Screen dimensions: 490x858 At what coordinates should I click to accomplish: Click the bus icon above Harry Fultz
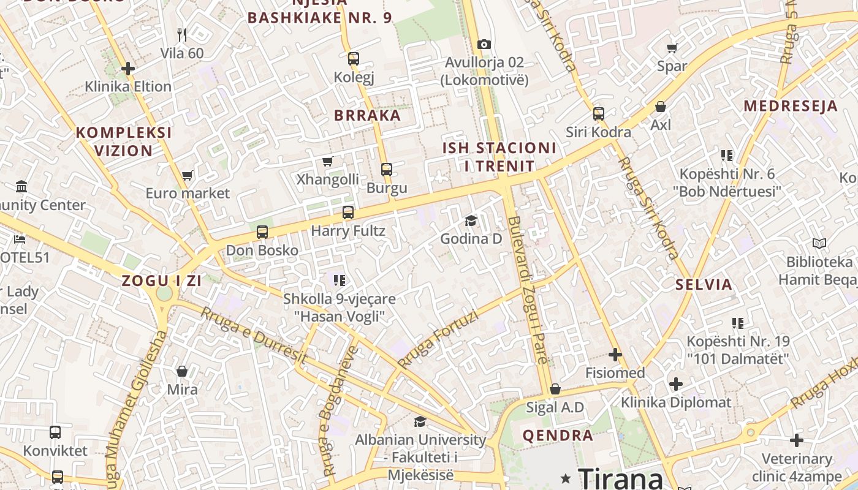point(348,213)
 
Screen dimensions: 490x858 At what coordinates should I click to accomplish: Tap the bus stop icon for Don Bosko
point(262,232)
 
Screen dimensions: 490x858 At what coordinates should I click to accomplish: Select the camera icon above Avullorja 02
point(484,44)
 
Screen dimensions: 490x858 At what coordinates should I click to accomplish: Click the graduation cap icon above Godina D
point(471,221)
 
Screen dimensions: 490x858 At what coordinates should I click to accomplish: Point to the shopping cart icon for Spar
point(672,48)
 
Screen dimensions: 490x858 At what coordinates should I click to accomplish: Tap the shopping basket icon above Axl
point(661,107)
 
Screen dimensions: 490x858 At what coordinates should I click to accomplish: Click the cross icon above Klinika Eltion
point(128,69)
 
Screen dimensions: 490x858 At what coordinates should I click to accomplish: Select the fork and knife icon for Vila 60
point(181,34)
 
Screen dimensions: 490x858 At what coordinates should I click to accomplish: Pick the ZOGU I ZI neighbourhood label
point(162,281)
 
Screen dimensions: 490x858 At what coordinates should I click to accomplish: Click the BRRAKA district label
point(367,115)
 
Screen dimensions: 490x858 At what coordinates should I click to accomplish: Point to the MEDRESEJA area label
point(791,106)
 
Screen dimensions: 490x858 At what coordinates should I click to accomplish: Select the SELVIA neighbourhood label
point(704,284)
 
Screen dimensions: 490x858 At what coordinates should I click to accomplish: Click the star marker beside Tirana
point(565,478)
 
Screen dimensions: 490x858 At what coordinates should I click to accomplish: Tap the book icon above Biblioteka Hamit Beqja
point(819,244)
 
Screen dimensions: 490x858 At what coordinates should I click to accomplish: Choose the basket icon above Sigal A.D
point(555,389)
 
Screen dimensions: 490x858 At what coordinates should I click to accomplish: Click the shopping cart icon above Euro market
point(188,175)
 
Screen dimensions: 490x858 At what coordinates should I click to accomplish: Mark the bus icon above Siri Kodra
point(599,114)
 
